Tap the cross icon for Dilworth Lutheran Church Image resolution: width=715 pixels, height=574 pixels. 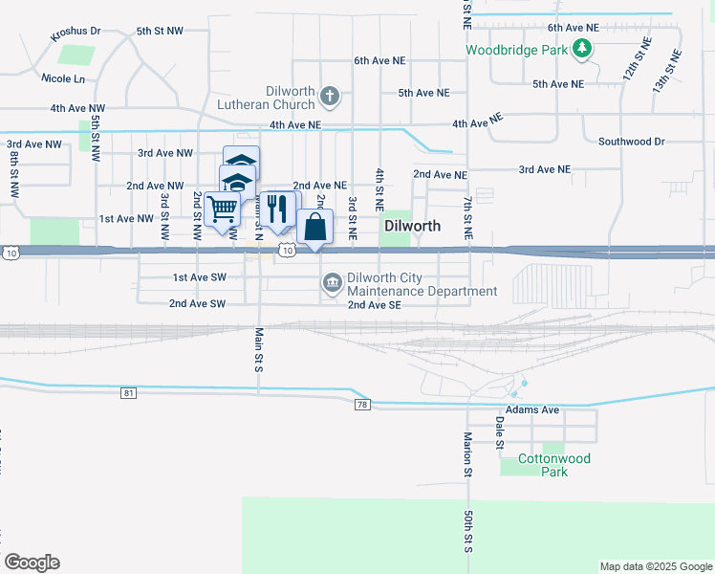(x=330, y=95)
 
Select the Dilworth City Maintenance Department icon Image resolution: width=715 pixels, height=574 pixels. (x=332, y=281)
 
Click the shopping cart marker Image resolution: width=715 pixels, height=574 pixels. (x=223, y=208)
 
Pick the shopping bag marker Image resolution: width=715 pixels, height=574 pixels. (x=314, y=228)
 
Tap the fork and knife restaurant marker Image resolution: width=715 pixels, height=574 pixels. (x=277, y=210)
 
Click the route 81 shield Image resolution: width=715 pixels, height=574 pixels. (x=129, y=393)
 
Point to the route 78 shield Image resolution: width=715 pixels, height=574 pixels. (x=361, y=405)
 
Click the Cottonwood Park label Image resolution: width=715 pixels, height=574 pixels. (x=553, y=465)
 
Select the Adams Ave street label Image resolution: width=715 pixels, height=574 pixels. (x=531, y=409)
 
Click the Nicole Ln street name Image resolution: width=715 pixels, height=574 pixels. (x=63, y=77)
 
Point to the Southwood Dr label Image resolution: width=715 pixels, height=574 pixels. (x=631, y=142)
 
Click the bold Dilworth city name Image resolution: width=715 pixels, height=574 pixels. (x=412, y=227)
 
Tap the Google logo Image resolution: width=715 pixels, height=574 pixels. (x=32, y=563)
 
